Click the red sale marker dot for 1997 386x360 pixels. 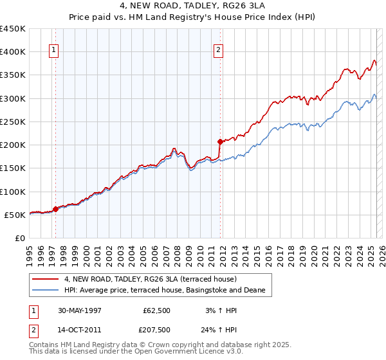point(55,208)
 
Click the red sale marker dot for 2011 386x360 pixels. point(220,141)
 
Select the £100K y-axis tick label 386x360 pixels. point(13,192)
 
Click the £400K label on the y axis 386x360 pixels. point(13,52)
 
